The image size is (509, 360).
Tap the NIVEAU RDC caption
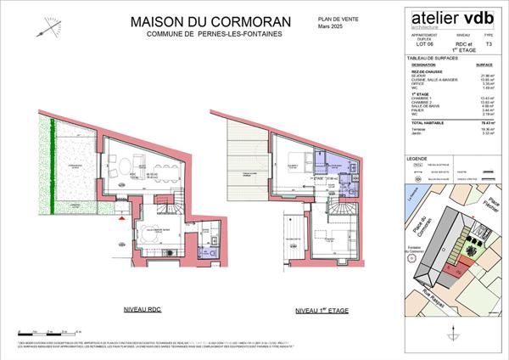point(143,311)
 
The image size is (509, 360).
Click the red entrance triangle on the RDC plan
point(125,218)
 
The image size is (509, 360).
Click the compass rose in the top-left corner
point(52,28)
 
